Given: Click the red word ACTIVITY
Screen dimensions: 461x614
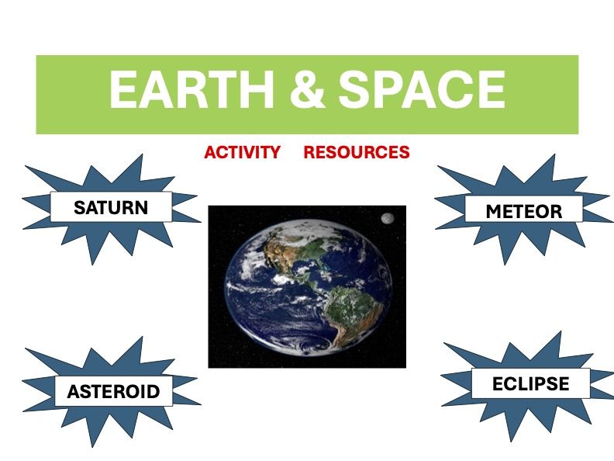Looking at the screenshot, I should (x=242, y=152).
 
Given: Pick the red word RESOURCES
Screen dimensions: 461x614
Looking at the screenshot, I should (x=356, y=152).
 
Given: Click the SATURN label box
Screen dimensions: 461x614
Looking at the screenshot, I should (x=110, y=207).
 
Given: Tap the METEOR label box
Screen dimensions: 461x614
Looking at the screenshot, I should (x=523, y=210).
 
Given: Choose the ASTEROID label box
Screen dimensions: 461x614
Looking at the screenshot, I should (x=113, y=391).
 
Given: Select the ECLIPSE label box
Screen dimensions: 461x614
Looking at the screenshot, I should (x=530, y=383).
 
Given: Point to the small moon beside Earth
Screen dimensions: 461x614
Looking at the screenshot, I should (x=386, y=219).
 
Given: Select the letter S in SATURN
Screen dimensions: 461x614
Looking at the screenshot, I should (x=79, y=208).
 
